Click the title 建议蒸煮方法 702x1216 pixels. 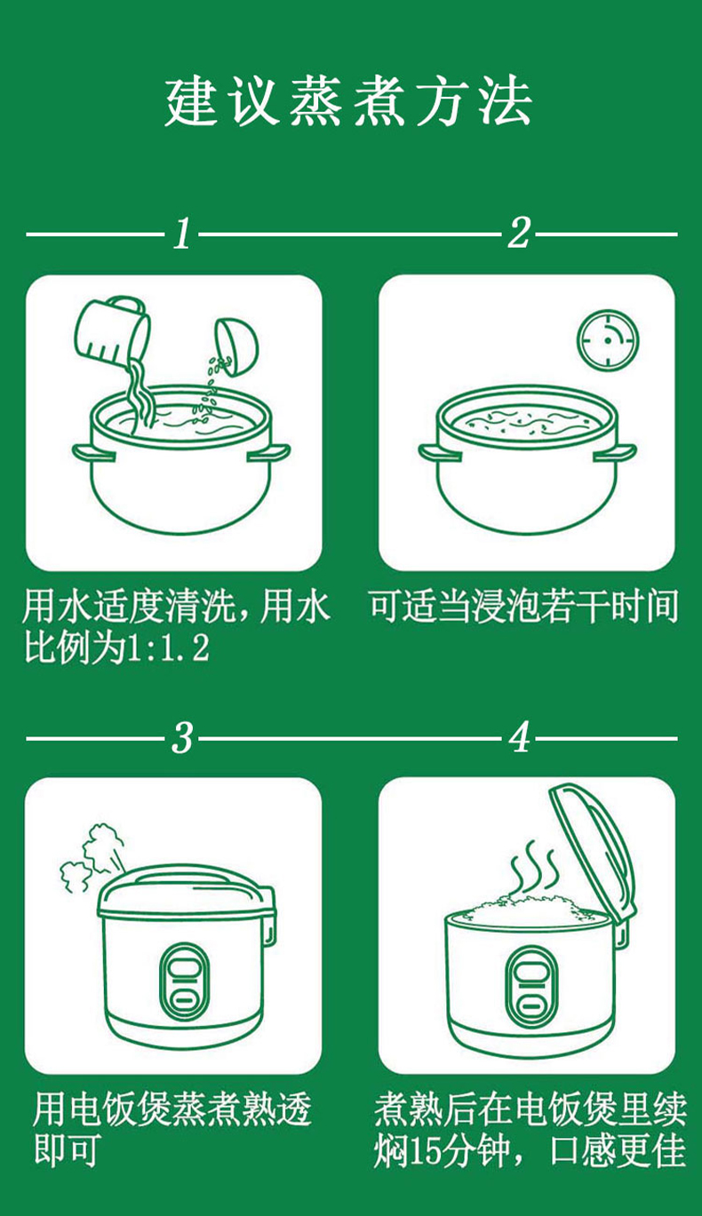(348, 102)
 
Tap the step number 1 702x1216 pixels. (182, 234)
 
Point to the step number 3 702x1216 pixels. (182, 738)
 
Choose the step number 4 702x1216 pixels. (520, 738)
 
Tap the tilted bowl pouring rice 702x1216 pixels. (236, 346)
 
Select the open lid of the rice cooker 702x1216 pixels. (594, 853)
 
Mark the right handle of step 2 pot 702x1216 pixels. (614, 451)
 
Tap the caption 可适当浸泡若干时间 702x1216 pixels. (523, 606)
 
